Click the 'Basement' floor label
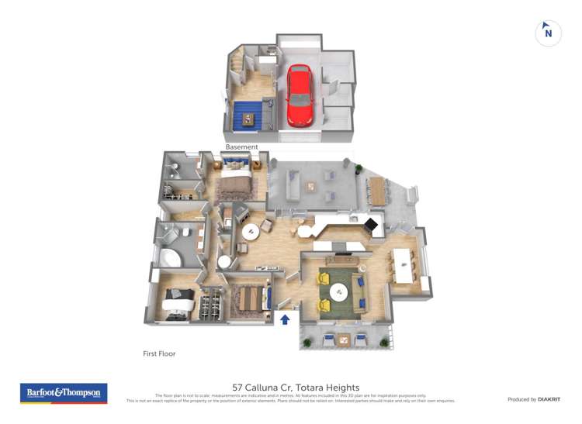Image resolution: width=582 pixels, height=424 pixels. [241, 147]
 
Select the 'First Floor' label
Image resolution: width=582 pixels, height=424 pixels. [159, 353]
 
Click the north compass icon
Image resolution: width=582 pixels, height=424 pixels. [549, 33]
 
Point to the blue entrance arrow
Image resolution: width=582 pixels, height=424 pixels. [285, 318]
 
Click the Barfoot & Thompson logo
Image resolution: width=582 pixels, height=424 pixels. [64, 393]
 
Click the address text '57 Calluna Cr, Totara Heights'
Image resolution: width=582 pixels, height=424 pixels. [296, 387]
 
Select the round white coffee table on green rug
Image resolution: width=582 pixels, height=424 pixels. [338, 291]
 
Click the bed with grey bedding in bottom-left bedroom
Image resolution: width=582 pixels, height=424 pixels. [178, 300]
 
